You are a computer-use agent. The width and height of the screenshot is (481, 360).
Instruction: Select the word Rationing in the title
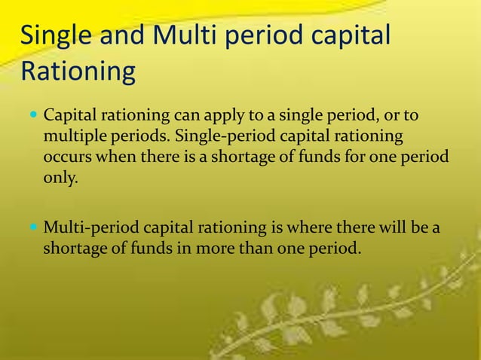click(x=78, y=73)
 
